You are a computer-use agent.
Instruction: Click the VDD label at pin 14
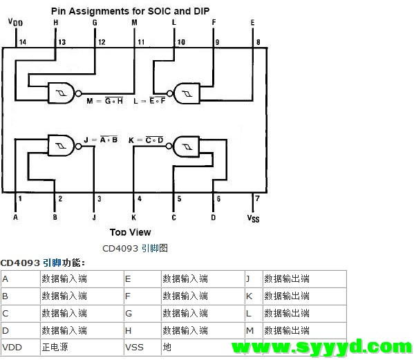click(x=16, y=22)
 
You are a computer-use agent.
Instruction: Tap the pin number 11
click(x=141, y=42)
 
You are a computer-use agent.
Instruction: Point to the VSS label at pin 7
click(x=253, y=218)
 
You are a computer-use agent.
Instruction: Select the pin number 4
click(x=140, y=198)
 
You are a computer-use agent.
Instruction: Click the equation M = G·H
click(x=105, y=101)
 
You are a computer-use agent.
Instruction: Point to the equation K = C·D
click(x=146, y=140)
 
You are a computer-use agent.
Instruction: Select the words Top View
click(x=130, y=232)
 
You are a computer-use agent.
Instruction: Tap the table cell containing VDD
click(x=21, y=347)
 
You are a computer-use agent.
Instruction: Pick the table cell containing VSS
click(x=142, y=347)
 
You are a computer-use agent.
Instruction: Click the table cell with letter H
click(x=142, y=330)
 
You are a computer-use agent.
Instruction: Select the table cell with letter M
click(x=254, y=330)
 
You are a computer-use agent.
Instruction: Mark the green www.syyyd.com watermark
click(x=322, y=347)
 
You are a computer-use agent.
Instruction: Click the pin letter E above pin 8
click(x=253, y=23)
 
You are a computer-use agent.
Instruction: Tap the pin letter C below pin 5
click(x=173, y=218)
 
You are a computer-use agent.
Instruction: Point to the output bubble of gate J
click(x=78, y=146)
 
